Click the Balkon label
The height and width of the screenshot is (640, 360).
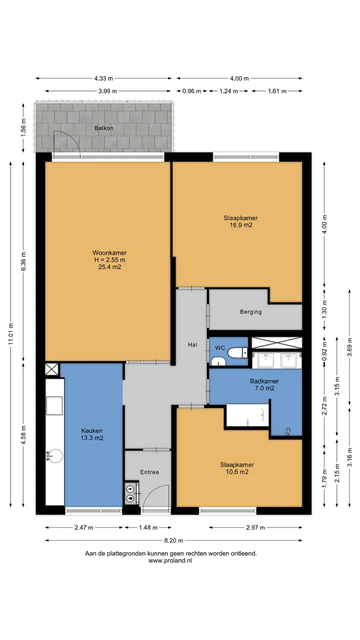coord(103,128)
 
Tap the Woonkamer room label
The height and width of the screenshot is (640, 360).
coord(109,253)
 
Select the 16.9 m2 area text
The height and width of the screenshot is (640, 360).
coord(241,225)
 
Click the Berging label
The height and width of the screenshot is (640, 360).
coord(251,311)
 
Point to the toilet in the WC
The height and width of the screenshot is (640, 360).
coord(237,352)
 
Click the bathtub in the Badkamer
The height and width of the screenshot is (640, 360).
coord(247,415)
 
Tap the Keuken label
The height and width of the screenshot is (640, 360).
coord(91,430)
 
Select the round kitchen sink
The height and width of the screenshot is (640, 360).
coord(54,456)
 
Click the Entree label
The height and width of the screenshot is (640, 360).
coord(149,472)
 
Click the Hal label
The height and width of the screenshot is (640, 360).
coord(192,344)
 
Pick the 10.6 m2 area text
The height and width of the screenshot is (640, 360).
coord(237,471)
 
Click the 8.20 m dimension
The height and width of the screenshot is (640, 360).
coord(173,540)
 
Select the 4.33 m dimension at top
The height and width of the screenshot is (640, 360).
coord(103,78)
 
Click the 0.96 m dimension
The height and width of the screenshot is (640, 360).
coord(191,91)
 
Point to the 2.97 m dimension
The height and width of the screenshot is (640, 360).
coord(255,527)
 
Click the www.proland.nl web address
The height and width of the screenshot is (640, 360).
coord(170,560)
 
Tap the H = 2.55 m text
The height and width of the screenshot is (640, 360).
coord(109,260)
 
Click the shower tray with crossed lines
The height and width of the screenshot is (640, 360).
coord(276,342)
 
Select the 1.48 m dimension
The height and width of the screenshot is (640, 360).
coord(148,527)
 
